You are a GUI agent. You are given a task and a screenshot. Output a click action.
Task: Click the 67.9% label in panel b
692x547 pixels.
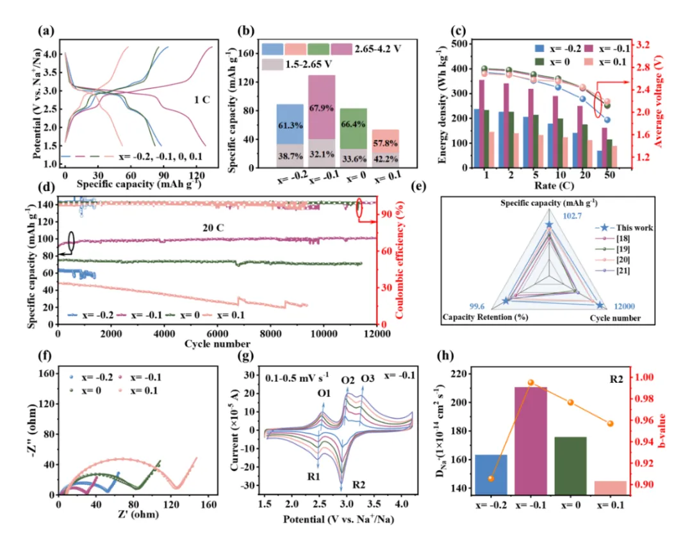click(x=321, y=108)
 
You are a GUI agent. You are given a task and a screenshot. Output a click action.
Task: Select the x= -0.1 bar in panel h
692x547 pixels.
click(x=531, y=441)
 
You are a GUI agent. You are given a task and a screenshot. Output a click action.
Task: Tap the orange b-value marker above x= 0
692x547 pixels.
click(x=571, y=402)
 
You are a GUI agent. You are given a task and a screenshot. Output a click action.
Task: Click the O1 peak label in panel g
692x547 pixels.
click(x=324, y=393)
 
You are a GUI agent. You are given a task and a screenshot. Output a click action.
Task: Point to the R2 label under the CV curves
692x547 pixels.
click(x=359, y=485)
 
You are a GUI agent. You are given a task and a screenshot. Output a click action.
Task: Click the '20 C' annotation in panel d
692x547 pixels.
click(x=213, y=228)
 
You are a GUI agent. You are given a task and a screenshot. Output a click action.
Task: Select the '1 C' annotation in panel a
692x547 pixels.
click(x=202, y=100)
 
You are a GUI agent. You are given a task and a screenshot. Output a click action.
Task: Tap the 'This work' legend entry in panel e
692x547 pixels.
click(x=634, y=228)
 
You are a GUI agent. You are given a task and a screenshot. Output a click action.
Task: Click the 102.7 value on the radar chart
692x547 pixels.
click(x=572, y=216)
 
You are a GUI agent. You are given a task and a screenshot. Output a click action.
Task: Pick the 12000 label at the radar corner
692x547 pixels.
click(x=624, y=306)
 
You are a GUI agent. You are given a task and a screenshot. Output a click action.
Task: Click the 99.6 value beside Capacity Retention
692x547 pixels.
click(x=477, y=306)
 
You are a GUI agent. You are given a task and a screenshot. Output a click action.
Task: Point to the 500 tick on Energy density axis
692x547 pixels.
click(x=459, y=44)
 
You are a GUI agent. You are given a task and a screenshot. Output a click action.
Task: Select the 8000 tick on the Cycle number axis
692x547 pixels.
click(x=270, y=333)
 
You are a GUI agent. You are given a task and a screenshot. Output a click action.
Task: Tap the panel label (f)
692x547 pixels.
click(x=45, y=355)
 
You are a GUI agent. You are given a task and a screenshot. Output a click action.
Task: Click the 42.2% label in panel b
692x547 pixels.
click(x=385, y=158)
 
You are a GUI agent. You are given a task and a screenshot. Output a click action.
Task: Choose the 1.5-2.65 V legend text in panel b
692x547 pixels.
click(x=308, y=65)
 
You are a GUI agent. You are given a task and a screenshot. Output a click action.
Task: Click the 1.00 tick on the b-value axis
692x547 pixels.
click(x=644, y=377)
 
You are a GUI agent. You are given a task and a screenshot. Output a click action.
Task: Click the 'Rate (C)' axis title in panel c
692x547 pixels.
click(x=554, y=185)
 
